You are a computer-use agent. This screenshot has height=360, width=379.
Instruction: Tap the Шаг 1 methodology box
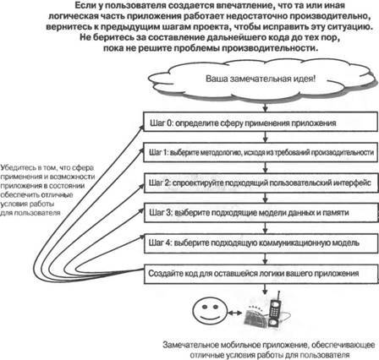click(x=259, y=153)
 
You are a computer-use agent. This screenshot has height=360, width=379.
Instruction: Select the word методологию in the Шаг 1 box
click(x=222, y=153)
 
